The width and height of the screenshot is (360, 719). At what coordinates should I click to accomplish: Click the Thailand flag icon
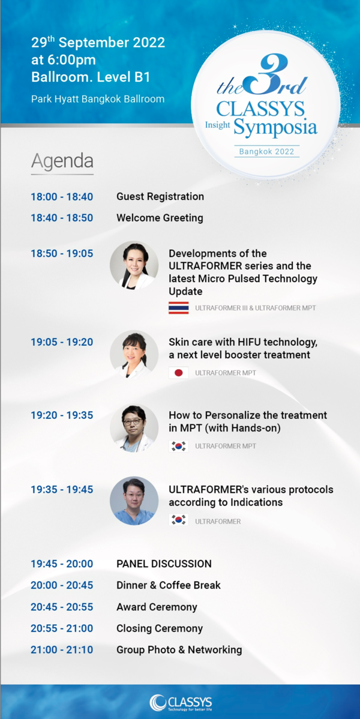(x=178, y=308)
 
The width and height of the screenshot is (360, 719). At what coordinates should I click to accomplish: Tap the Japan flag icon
(x=178, y=373)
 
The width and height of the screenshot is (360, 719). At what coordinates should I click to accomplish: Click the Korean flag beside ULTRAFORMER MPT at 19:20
(x=178, y=446)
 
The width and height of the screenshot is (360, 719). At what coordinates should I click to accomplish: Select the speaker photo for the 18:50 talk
(x=134, y=265)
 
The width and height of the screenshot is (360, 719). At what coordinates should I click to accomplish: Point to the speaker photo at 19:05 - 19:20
(x=134, y=354)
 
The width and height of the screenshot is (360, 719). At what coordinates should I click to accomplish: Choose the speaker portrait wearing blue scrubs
(x=134, y=501)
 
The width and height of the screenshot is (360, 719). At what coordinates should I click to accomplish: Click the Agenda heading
(x=62, y=161)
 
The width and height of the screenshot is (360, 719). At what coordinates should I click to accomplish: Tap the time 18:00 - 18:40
(x=62, y=197)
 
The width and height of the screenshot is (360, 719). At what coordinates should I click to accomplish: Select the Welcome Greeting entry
(x=160, y=218)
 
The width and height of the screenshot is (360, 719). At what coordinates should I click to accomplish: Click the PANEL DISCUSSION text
(x=164, y=564)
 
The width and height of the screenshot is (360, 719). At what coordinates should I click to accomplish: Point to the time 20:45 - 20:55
(x=62, y=607)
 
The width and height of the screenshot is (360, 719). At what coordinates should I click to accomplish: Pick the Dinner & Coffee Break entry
(x=169, y=586)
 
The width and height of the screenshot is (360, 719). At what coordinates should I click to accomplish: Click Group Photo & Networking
(x=179, y=650)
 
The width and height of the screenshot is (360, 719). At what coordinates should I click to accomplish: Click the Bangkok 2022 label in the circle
(x=267, y=151)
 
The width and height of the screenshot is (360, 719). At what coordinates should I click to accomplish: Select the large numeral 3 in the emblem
(x=266, y=76)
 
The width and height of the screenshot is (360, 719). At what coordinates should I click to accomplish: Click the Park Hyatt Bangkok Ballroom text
(x=98, y=98)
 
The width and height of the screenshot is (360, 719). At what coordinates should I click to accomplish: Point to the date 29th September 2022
(x=98, y=43)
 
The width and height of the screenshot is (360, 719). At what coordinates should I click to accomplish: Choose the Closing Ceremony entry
(x=160, y=628)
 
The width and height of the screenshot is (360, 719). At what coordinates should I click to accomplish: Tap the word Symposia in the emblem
(x=275, y=127)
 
